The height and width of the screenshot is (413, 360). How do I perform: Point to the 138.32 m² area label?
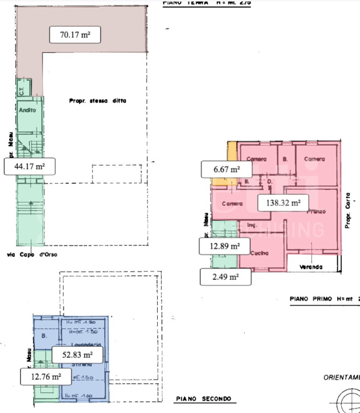point(283,202)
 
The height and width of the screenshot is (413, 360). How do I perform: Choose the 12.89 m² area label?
point(220,246)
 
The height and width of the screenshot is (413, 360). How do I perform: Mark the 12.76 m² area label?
point(46,377)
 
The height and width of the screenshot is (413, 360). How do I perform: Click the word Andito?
point(28,110)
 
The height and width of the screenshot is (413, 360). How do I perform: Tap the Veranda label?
point(310,267)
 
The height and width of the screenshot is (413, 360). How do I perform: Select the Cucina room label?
point(255,254)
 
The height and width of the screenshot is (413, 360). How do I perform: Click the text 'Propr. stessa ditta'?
point(97,101)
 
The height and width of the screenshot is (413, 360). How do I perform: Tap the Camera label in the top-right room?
point(315,159)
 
